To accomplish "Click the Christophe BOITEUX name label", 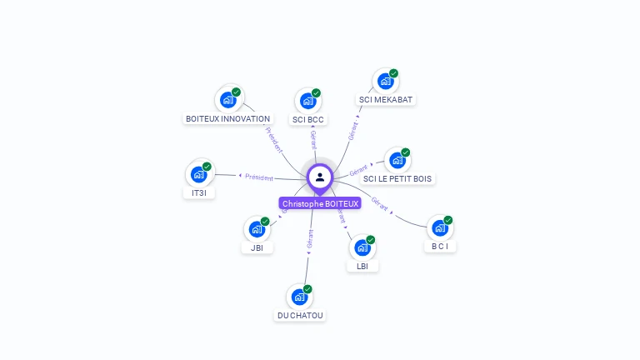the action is (320, 203).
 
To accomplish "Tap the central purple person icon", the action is (320, 177).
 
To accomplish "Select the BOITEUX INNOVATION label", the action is (227, 119).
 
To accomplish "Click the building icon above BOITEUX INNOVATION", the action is (227, 100).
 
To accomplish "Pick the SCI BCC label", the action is (308, 119).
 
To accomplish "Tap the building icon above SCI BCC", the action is (308, 101).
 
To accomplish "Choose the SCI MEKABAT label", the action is (385, 100).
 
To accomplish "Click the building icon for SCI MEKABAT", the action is (385, 82).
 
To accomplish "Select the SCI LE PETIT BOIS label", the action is (397, 178).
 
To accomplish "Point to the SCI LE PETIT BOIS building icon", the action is (397, 160).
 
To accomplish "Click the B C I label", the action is (440, 246).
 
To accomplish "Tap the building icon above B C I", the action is (440, 227).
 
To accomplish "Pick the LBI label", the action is (362, 266).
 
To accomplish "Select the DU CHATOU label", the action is (300, 315).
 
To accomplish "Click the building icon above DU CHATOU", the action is (300, 297).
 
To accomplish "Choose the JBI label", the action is (257, 247).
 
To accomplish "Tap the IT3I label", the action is (198, 193).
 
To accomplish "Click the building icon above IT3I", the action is (198, 174).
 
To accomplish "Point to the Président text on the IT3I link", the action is (258, 177).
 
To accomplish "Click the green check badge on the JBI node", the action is (265, 222).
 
